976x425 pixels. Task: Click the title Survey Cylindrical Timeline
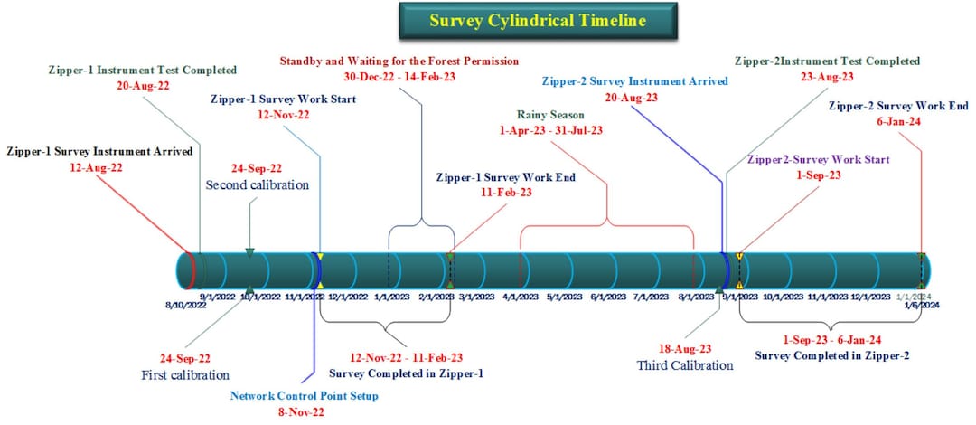point(539,20)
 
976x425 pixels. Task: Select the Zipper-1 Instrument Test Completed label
point(143,69)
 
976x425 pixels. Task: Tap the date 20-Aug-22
point(143,85)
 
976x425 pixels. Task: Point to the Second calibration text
point(258,184)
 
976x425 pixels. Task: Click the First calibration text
point(185,374)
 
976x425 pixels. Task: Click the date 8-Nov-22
point(303,412)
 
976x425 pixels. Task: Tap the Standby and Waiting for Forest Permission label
point(399,61)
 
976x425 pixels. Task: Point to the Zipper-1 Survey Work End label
point(505,177)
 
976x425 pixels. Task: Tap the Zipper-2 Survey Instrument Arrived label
point(634,80)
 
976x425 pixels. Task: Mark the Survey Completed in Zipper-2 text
point(831,356)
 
